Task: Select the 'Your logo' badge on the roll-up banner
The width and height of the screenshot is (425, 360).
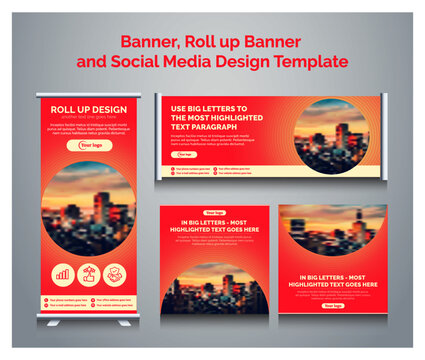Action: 90,146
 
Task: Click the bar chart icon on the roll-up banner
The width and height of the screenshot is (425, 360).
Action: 63,273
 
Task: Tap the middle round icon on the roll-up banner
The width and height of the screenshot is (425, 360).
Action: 90,273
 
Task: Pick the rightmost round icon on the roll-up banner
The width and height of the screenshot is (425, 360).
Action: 116,273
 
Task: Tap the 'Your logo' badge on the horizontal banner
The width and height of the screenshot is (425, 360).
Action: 185,155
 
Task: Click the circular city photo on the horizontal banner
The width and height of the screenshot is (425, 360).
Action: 331,132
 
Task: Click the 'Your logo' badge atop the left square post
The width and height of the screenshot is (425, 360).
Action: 214,213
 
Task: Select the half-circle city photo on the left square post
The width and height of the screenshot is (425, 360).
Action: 214,290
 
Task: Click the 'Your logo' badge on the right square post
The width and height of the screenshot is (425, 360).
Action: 332,306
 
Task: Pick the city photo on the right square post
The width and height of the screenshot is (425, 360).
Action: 332,234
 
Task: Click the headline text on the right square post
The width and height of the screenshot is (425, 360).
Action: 332,280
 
